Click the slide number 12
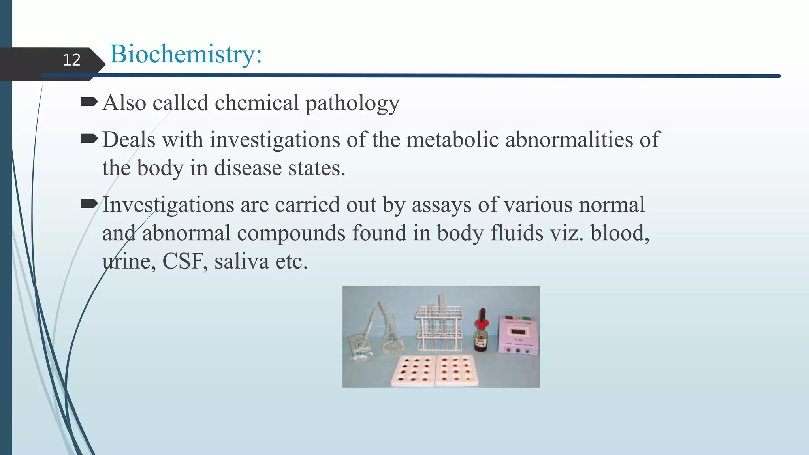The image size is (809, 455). (71, 60)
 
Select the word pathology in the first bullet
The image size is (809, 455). (352, 103)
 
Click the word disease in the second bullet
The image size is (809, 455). (248, 168)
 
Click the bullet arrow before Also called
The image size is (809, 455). (89, 103)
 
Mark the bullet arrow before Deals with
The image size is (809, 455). (89, 139)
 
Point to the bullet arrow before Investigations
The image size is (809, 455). (89, 204)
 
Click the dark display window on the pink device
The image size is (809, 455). (518, 331)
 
